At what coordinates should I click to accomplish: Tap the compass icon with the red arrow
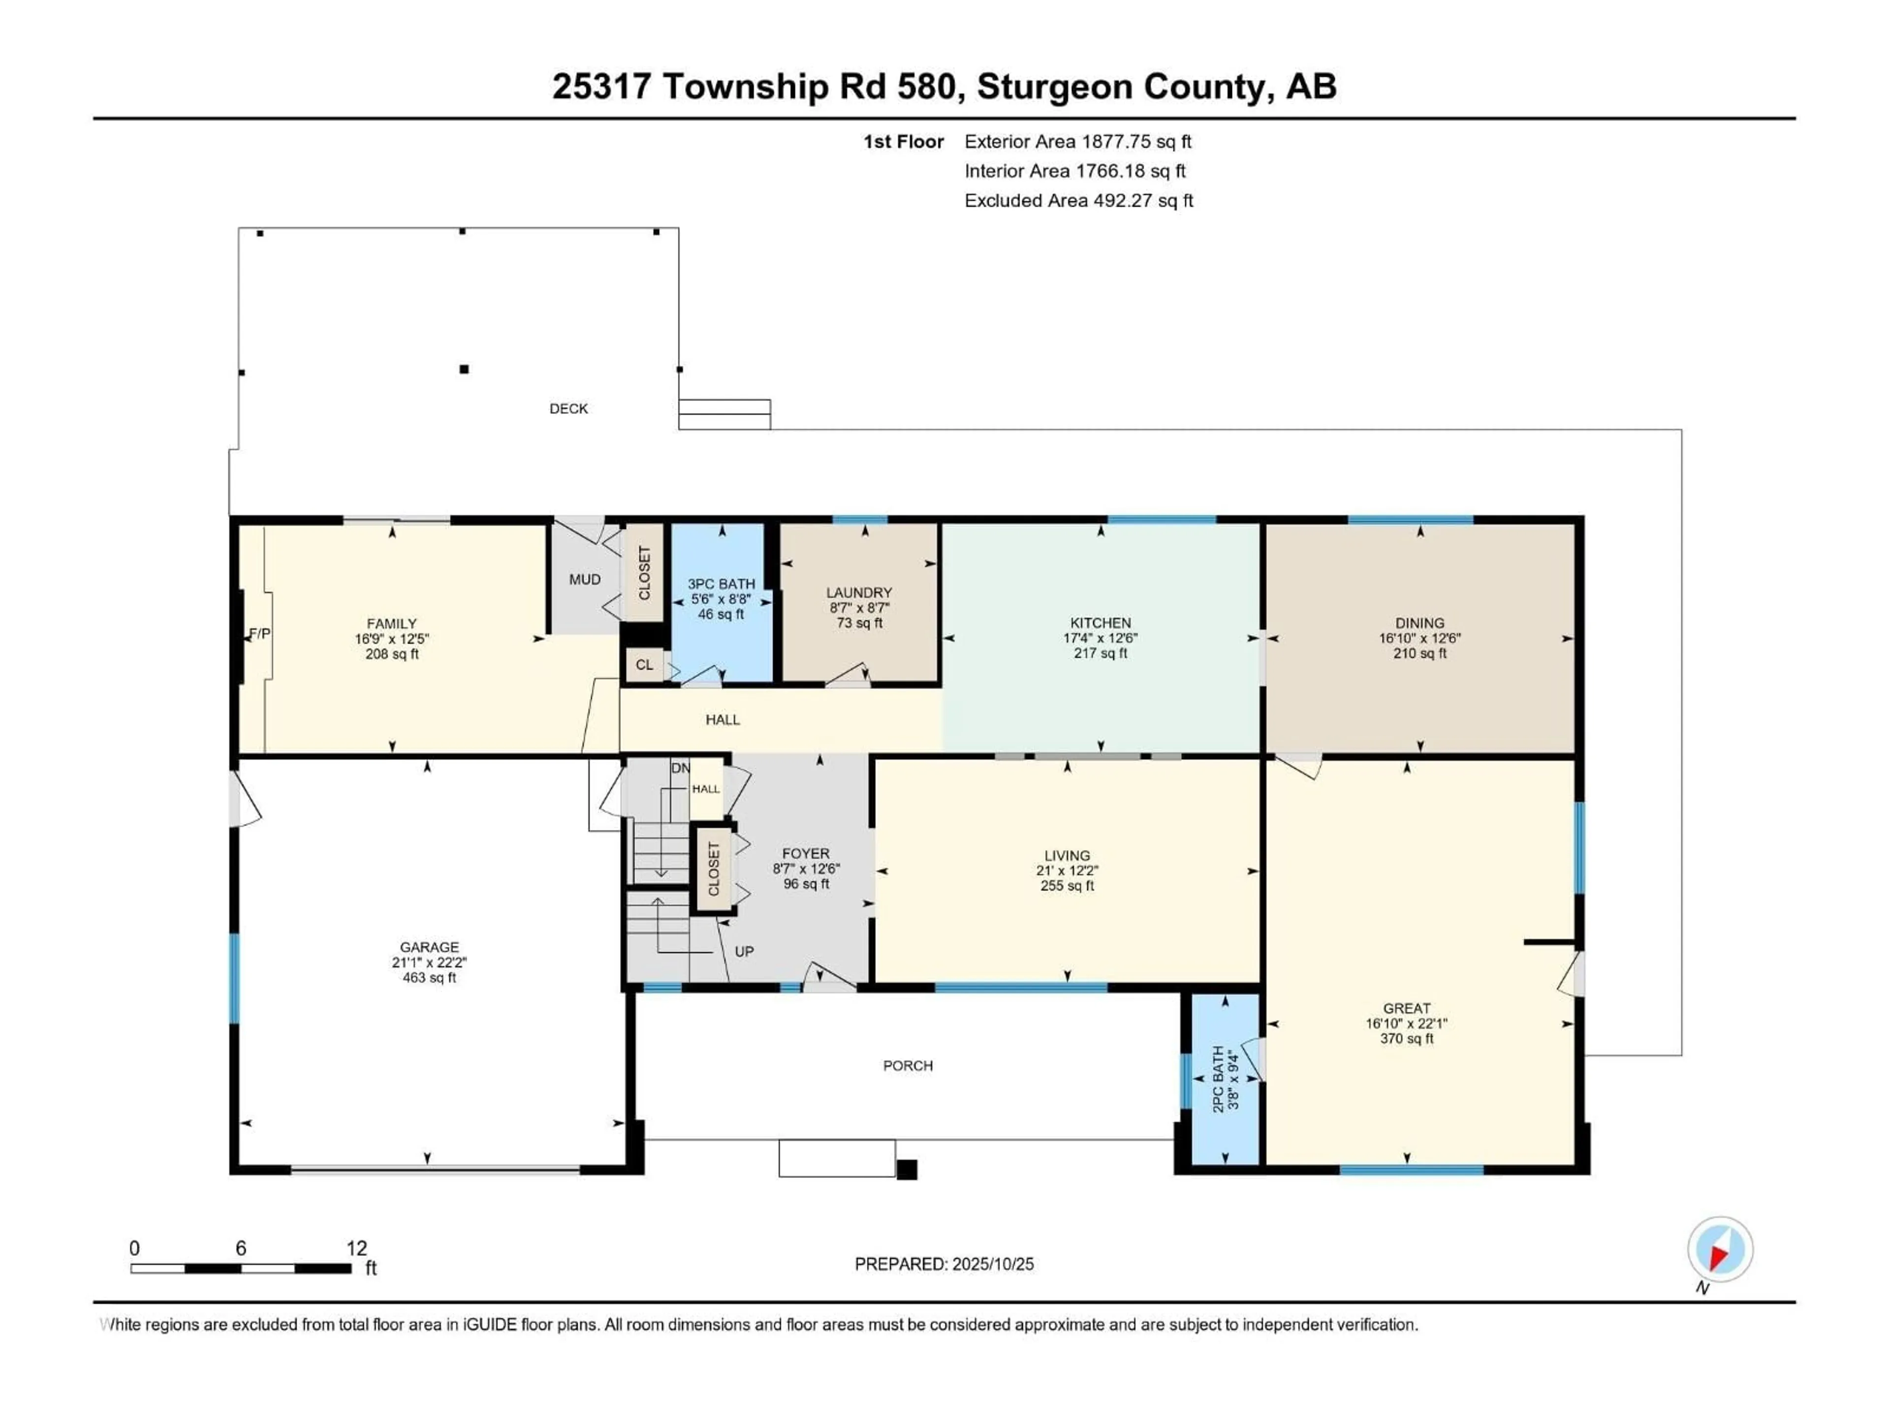pos(1720,1250)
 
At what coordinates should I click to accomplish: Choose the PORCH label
pos(908,1066)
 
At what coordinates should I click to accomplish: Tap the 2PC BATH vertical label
pos(1218,1079)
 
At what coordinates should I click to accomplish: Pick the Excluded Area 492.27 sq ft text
pos(1078,201)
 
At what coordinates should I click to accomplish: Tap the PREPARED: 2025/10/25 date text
pos(944,1264)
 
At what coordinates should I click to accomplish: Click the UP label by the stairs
pos(744,952)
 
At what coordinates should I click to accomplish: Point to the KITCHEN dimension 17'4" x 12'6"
pos(1101,638)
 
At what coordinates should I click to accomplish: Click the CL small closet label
pos(644,665)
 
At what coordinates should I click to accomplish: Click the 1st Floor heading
pos(903,142)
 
